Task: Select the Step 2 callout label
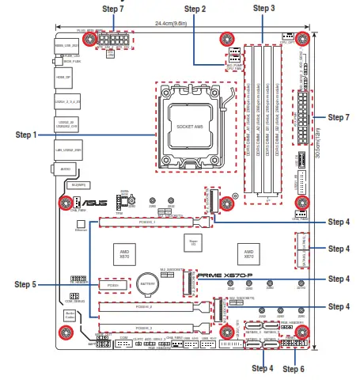195,9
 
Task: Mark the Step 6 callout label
293,368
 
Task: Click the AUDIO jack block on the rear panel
66,168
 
